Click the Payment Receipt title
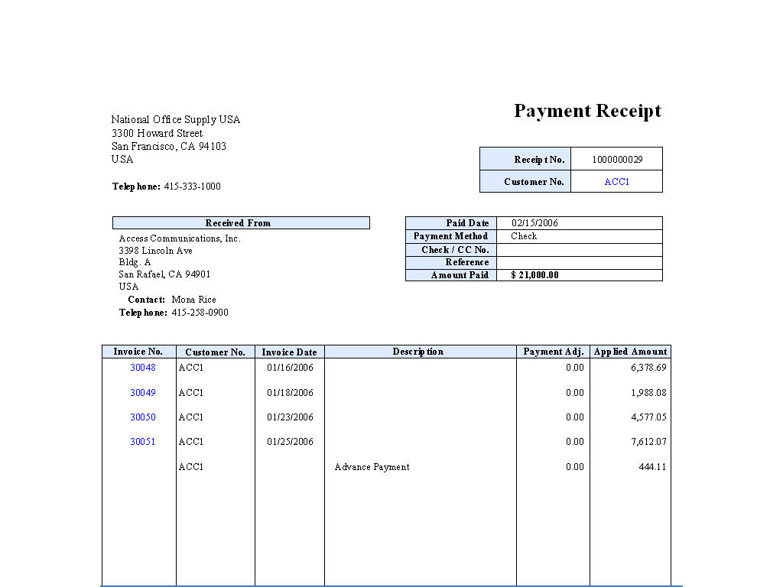click(x=587, y=111)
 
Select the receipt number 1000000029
click(x=617, y=160)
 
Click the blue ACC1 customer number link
click(x=616, y=182)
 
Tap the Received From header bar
click(x=241, y=223)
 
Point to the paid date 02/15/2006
click(x=534, y=223)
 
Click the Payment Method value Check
click(x=524, y=236)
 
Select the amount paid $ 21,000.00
click(x=534, y=275)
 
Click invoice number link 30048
click(x=142, y=368)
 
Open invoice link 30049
click(x=142, y=393)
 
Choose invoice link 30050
click(x=142, y=417)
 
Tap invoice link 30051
click(x=142, y=442)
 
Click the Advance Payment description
click(x=372, y=467)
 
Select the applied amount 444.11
click(x=652, y=467)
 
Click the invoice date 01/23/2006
click(x=290, y=417)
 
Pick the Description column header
click(x=418, y=352)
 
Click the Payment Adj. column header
click(x=554, y=352)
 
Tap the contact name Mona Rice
click(x=193, y=300)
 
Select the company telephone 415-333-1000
click(x=192, y=186)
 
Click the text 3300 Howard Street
click(x=157, y=133)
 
